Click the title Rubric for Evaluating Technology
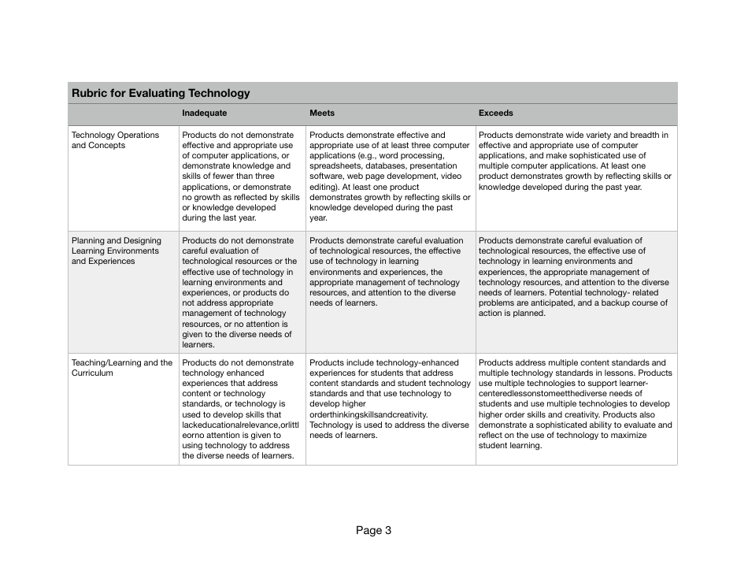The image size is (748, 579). [161, 93]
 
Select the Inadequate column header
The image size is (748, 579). [204, 113]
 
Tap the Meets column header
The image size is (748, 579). [321, 113]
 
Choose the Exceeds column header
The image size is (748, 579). [495, 113]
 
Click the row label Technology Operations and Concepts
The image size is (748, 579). [115, 140]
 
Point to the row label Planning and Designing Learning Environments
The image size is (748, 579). [117, 251]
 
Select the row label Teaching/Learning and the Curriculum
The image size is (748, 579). [122, 368]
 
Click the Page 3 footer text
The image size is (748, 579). [373, 530]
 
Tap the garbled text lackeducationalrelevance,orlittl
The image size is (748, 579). [240, 425]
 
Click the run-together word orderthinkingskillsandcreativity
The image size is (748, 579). [368, 414]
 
